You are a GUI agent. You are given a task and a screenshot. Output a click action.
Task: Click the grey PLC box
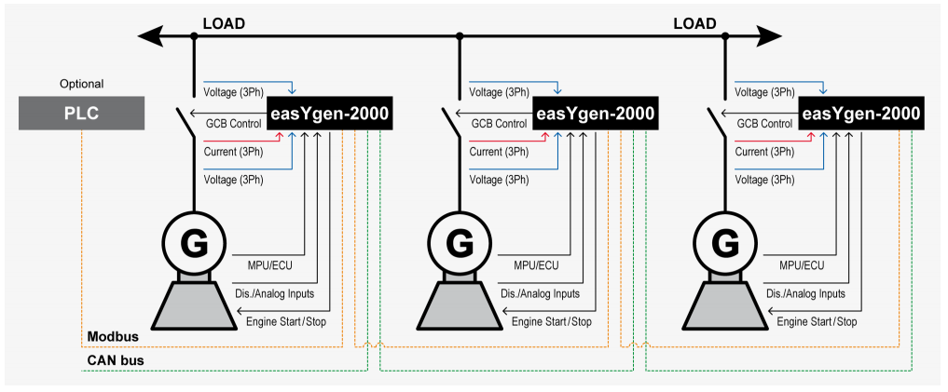pos(81,114)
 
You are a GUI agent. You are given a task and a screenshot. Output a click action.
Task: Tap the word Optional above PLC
pos(81,84)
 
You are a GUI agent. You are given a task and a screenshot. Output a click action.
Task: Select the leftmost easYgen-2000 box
pos(328,114)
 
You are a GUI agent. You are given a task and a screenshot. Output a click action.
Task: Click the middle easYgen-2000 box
pos(595,114)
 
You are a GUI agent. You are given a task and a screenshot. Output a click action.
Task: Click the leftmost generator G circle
pos(194,245)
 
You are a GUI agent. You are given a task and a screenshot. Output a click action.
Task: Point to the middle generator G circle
pos(460,245)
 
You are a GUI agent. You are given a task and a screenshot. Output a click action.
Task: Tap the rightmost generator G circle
pos(725,245)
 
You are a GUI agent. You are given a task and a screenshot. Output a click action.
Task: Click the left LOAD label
pos(224,22)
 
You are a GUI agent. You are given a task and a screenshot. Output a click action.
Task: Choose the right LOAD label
pos(694,22)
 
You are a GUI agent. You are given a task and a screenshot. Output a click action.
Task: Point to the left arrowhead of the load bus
pos(149,36)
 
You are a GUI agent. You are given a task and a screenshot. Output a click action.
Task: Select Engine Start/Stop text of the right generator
pos(817,322)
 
